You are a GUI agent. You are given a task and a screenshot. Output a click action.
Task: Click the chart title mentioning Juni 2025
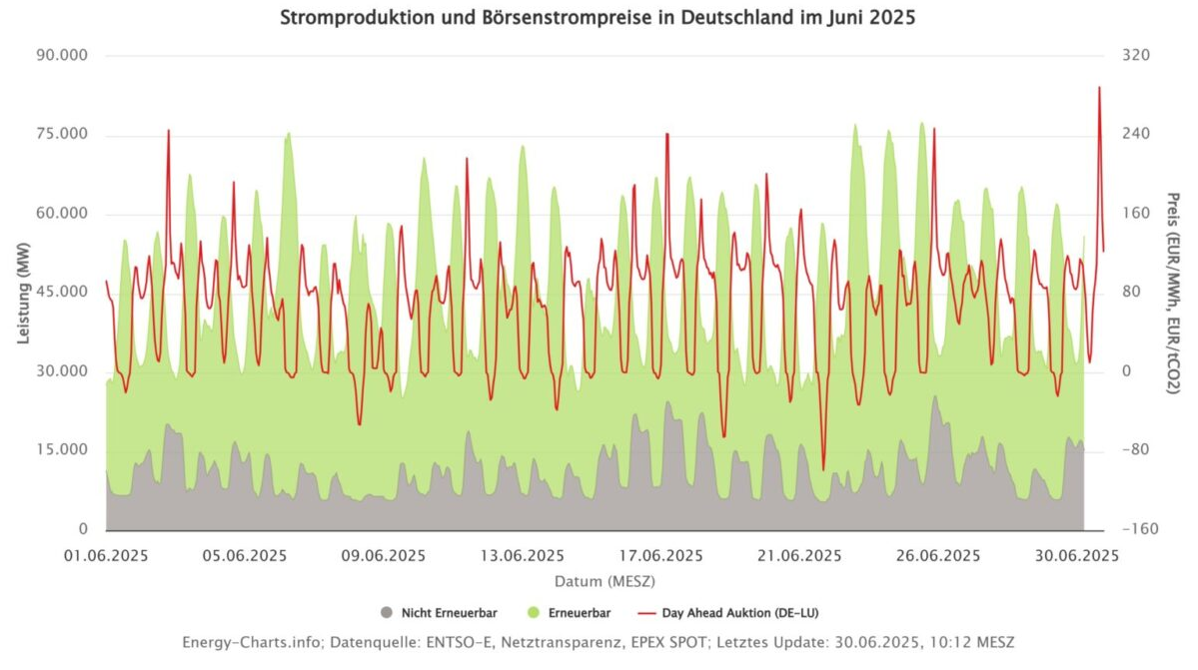tap(599, 18)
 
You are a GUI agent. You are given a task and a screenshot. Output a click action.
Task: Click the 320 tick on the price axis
tap(1137, 55)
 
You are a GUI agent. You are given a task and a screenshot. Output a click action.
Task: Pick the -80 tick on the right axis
tap(1136, 450)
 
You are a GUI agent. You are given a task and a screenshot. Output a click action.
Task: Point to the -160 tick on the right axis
tap(1136, 529)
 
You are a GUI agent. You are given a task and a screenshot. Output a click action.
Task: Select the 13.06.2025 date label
tap(523, 556)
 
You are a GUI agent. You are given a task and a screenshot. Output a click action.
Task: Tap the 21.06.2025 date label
tap(800, 556)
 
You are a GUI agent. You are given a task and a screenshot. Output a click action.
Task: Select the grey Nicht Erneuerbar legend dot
tap(387, 612)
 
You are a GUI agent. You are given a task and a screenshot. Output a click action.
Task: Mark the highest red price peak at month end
tap(1099, 87)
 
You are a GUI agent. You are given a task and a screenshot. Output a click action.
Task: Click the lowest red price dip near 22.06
tap(823, 469)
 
